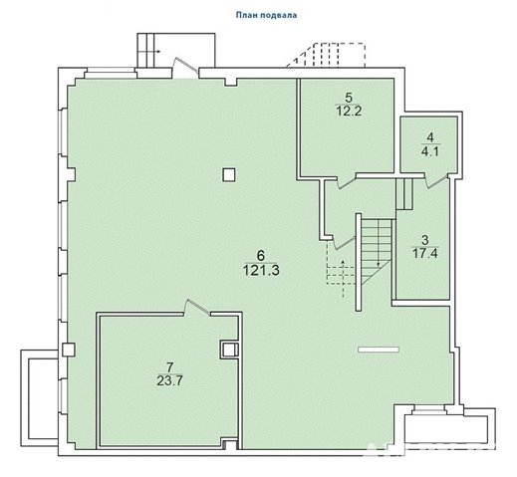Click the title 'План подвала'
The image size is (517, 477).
(266, 15)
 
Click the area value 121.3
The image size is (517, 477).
(261, 270)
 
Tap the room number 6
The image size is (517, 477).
(261, 256)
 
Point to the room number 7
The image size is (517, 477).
(169, 367)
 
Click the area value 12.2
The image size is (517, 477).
(349, 112)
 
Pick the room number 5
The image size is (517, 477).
(349, 98)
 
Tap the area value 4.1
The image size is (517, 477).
(430, 151)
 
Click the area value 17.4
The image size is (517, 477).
(425, 254)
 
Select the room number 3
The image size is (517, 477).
(424, 240)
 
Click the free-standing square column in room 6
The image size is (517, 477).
(229, 174)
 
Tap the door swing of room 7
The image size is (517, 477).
(198, 307)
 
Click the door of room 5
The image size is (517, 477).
(347, 182)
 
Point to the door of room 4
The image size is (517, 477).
(436, 181)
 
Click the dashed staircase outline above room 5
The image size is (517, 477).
(326, 55)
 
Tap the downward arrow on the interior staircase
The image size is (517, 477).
(379, 243)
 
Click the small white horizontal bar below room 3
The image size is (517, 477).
(379, 350)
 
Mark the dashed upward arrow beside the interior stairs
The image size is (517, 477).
(343, 279)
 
